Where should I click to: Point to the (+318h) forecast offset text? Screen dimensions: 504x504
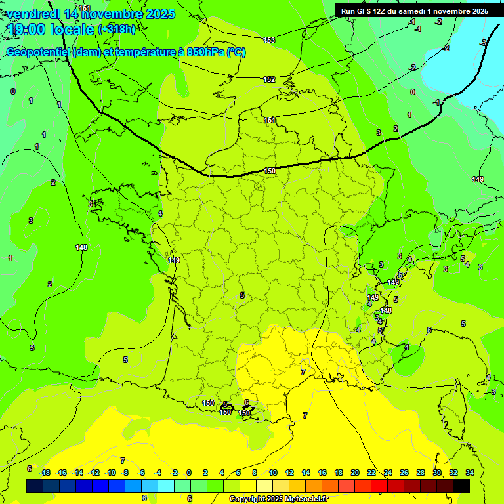pos(117,30)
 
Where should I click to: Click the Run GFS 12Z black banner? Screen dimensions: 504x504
pos(415,10)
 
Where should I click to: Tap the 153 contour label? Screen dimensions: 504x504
pos(269,41)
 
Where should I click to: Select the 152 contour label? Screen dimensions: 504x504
pos(269,79)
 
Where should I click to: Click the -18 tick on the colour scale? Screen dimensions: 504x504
pos(45,472)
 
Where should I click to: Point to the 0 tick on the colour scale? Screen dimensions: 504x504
pos(189,472)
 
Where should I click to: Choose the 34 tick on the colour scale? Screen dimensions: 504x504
pos(469,472)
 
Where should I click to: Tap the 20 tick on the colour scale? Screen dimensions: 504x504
pos(354,472)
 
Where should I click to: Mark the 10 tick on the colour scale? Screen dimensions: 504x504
pos(272,472)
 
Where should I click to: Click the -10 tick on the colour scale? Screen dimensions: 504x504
pos(110,472)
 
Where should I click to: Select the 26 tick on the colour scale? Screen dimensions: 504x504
pos(404,472)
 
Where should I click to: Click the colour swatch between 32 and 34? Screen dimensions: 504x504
pos(461,486)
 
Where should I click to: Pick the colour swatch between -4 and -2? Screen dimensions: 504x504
pos(165,486)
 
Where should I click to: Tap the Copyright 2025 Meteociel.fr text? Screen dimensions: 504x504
pos(278,499)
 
